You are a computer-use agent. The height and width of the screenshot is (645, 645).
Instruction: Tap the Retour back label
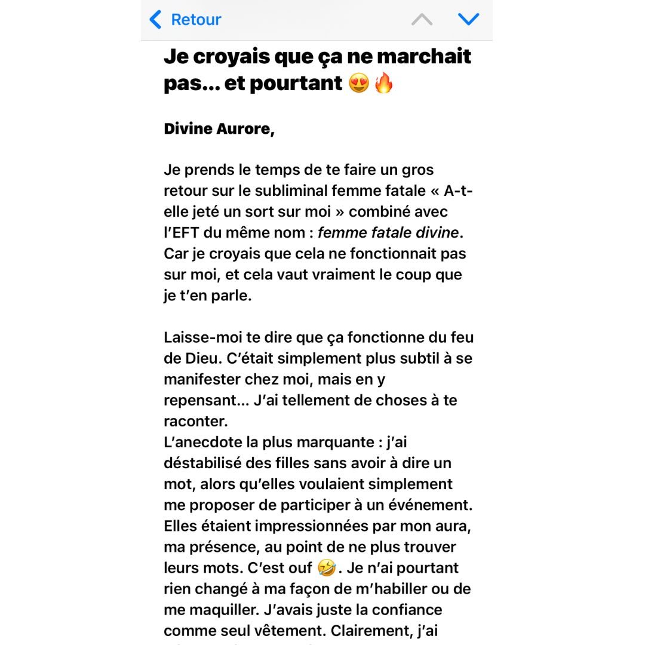click(196, 20)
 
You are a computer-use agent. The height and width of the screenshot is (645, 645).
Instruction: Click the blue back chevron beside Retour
click(155, 20)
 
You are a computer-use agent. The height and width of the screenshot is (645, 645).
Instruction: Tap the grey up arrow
click(422, 20)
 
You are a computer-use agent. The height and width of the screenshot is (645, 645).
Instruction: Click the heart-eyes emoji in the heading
click(358, 84)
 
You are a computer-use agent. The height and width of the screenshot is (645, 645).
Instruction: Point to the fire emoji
click(384, 84)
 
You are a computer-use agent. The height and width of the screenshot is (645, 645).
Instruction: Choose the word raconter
click(195, 421)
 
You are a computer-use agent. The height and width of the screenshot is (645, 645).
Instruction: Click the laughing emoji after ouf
click(326, 568)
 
